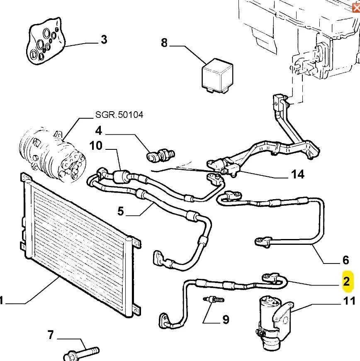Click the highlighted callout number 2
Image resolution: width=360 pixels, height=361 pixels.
(x=346, y=282)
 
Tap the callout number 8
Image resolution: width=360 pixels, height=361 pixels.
(x=164, y=42)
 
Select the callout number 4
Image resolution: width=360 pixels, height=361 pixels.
(x=98, y=131)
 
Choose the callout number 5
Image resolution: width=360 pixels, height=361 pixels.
(x=120, y=211)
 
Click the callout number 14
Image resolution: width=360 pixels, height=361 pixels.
(x=298, y=174)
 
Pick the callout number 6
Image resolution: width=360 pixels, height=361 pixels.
(x=346, y=260)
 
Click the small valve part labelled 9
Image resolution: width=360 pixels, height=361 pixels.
(x=213, y=299)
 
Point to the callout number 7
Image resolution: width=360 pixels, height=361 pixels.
(x=51, y=334)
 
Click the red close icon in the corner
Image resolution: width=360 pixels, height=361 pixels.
(x=355, y=5)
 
